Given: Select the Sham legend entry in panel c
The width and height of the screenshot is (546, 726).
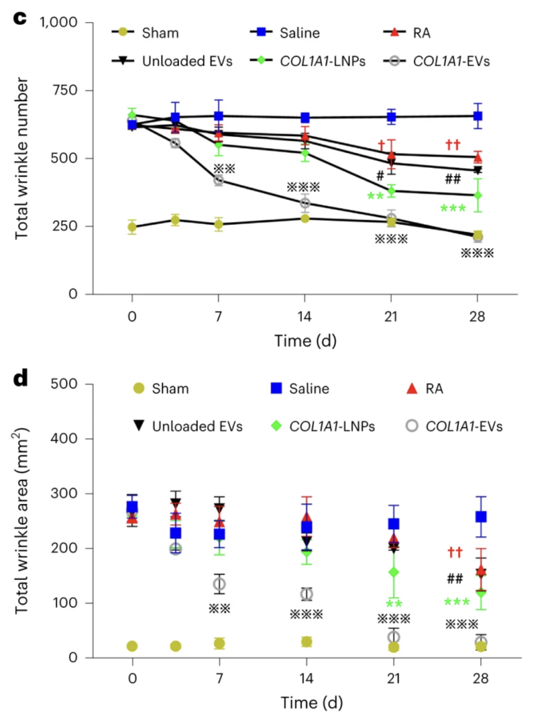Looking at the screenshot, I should coord(150,33).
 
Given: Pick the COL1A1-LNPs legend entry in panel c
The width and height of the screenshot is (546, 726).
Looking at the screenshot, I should coord(311,60).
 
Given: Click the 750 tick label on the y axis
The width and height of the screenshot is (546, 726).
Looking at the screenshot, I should coord(71,91).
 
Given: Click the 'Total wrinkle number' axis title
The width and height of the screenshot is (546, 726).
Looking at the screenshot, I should coord(21,160).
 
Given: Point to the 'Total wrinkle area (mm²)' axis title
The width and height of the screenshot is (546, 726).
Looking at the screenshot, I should coord(21,520).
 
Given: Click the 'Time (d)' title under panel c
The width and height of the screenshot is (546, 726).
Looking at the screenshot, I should coord(305,341).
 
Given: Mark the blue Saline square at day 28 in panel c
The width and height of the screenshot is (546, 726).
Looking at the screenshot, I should coord(478,116).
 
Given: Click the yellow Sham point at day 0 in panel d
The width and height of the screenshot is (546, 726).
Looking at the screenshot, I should coord(132,646).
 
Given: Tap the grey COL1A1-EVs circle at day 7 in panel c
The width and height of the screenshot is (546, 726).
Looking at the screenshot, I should coord(218,181).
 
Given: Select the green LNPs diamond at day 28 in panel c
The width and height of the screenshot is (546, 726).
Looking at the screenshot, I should coord(478,195).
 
